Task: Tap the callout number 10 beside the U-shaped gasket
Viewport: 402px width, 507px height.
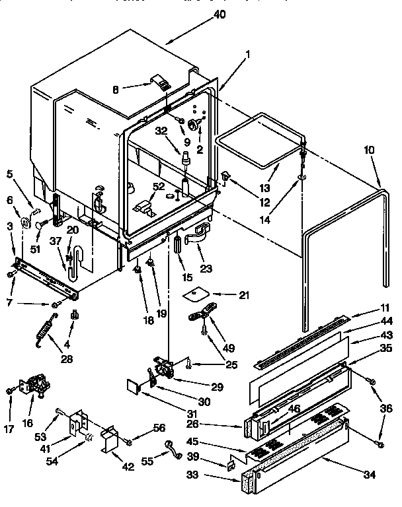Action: click(x=369, y=151)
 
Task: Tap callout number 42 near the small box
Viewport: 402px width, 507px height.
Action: click(x=127, y=467)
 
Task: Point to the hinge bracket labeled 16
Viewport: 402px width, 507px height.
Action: click(x=36, y=389)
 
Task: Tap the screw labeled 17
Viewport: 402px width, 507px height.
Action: click(x=10, y=391)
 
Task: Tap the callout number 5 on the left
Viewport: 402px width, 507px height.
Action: click(x=9, y=175)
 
